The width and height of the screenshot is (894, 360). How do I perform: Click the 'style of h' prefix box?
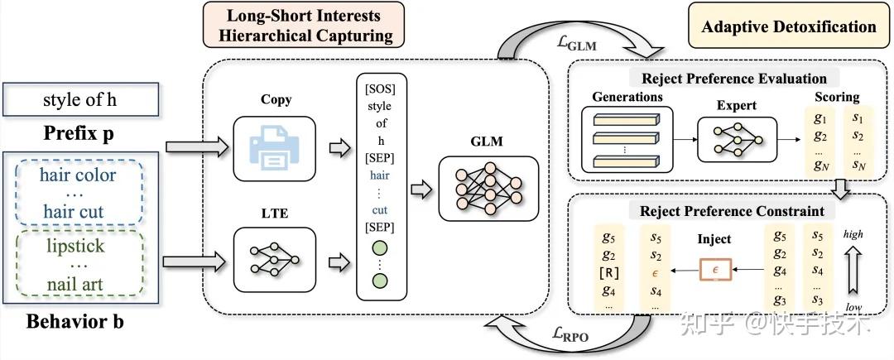coord(81,102)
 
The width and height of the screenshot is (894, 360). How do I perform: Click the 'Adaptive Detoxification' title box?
coord(788,26)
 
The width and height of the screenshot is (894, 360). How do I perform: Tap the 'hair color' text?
coord(78,175)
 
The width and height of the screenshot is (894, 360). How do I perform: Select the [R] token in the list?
coord(608,272)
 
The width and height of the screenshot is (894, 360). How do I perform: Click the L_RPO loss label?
coord(572,335)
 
